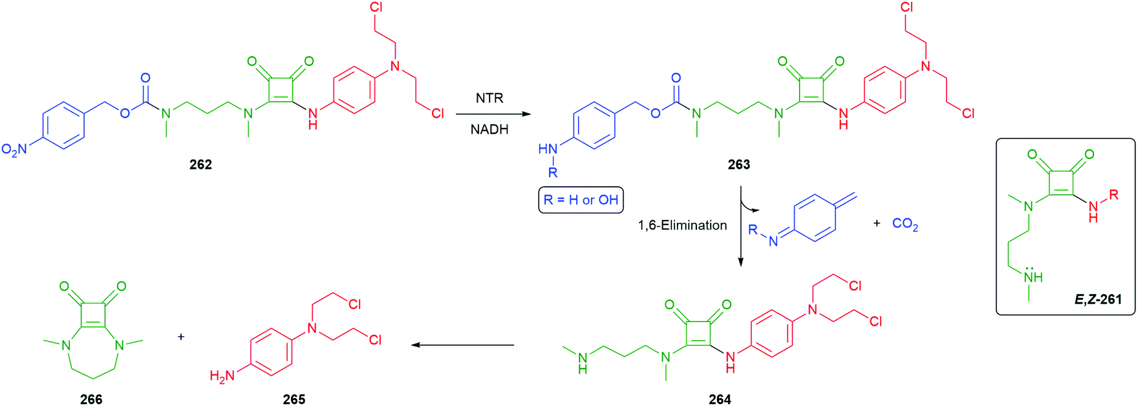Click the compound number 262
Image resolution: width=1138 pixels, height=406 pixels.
click(x=200, y=164)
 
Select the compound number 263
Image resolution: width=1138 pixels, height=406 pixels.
click(x=738, y=164)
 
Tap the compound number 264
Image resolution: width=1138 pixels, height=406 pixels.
click(x=720, y=400)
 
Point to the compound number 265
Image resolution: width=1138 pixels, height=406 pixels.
click(x=294, y=400)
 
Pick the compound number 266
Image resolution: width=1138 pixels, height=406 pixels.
click(x=91, y=400)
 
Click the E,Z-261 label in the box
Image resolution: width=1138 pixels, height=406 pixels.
click(x=1099, y=299)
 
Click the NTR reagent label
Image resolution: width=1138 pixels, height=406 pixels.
click(x=489, y=98)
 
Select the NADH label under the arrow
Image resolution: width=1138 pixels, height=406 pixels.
click(x=489, y=129)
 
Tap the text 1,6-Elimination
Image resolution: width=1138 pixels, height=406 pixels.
click(x=682, y=225)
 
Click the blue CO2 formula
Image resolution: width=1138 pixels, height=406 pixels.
click(x=905, y=224)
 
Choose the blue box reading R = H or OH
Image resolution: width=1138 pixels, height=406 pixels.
click(x=581, y=200)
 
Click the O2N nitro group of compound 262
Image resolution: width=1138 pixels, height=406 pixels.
click(x=14, y=150)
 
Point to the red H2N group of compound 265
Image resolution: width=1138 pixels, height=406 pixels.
click(x=222, y=376)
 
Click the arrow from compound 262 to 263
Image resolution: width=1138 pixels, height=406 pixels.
click(x=493, y=114)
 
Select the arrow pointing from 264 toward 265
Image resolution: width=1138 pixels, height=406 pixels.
click(x=463, y=345)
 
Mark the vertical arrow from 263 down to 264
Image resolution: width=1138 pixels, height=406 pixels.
click(x=741, y=226)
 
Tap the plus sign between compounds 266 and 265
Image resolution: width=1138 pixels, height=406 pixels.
click(x=181, y=337)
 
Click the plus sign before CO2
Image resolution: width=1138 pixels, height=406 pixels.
click(x=877, y=223)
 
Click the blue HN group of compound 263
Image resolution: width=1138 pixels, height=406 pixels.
click(x=548, y=149)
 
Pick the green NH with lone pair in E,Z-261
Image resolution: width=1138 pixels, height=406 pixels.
click(x=1034, y=275)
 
